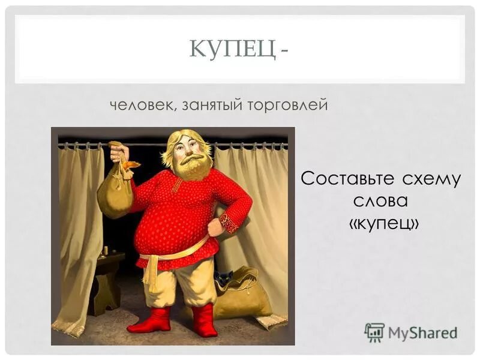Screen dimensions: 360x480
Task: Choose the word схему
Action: click(432, 179)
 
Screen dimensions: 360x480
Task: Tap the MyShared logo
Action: click(410, 332)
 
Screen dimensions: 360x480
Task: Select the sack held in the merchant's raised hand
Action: click(117, 189)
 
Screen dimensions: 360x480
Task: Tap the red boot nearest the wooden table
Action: click(150, 321)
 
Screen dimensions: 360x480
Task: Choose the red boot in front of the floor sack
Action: click(204, 321)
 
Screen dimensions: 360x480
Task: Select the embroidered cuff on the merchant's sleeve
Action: click(230, 223)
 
